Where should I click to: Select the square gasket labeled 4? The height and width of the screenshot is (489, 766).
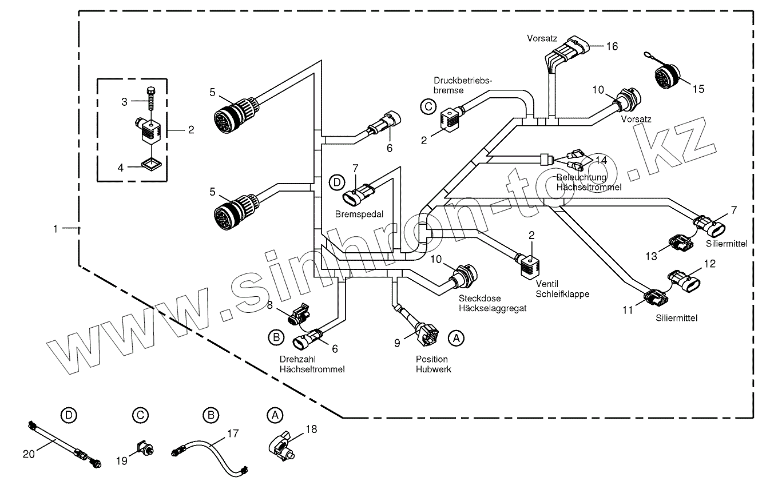(x=150, y=165)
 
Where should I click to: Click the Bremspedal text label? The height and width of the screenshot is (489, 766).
(x=359, y=213)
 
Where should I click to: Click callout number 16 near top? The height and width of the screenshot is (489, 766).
(x=612, y=46)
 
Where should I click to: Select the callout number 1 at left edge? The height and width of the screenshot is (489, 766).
(x=55, y=229)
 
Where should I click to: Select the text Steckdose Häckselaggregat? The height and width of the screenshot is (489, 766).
(x=492, y=303)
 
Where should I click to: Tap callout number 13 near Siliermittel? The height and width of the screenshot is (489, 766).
(x=651, y=257)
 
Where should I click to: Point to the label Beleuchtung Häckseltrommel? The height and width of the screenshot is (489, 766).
(x=589, y=182)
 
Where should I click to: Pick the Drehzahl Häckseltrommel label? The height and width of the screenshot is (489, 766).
(x=312, y=364)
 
